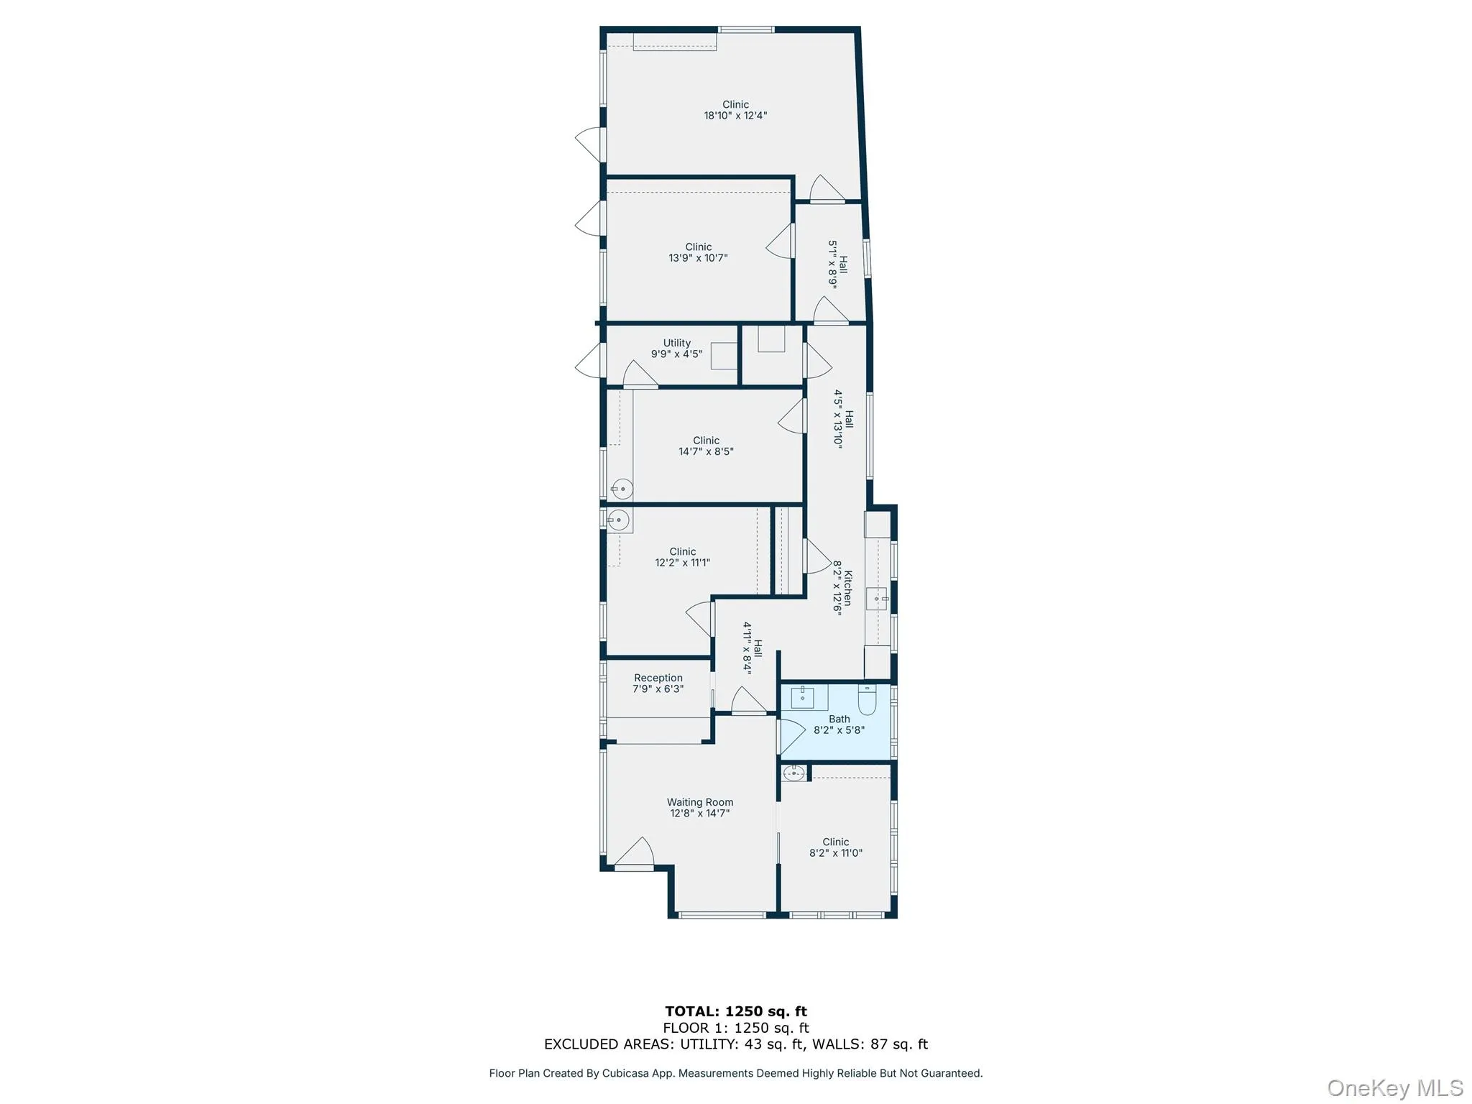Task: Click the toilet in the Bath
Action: (x=868, y=700)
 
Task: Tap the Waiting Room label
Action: (x=699, y=802)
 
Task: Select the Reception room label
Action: (x=658, y=678)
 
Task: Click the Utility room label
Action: (x=676, y=343)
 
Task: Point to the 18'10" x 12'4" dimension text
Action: (x=735, y=116)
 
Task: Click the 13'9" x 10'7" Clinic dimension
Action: (x=698, y=258)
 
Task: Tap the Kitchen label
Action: (x=848, y=588)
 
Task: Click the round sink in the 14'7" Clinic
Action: (x=622, y=489)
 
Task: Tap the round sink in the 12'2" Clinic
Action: (x=618, y=519)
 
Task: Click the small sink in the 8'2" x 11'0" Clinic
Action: (x=793, y=773)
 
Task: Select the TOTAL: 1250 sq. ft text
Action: (x=735, y=1011)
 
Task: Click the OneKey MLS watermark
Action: (x=1394, y=1087)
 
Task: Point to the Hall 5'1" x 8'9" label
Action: (x=838, y=264)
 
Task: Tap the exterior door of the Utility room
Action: (x=590, y=360)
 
